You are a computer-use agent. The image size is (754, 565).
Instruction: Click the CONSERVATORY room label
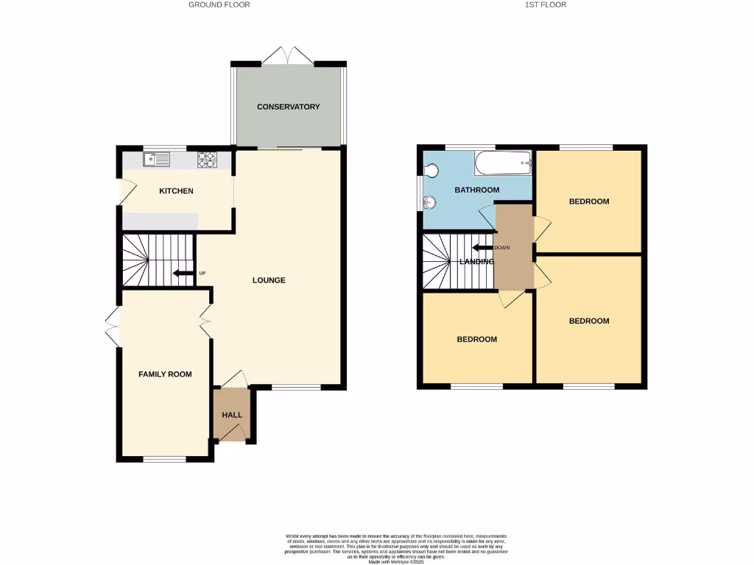pos(288,107)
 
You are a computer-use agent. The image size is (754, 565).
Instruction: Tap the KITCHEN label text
pos(177,191)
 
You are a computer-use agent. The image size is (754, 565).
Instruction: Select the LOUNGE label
pos(269,280)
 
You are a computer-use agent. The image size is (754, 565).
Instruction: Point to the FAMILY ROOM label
pos(165,374)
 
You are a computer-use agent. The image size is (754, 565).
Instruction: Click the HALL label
pos(232,415)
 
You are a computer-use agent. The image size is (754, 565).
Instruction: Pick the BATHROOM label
pos(476,190)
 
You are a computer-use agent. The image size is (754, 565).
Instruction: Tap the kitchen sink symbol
pos(157,157)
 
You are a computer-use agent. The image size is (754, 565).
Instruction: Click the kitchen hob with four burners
pos(205,157)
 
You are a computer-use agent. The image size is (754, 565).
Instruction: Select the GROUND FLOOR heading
pos(219,4)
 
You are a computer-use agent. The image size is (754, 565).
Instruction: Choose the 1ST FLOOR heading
pos(546,4)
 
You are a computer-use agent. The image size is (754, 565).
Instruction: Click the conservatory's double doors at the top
pos(288,55)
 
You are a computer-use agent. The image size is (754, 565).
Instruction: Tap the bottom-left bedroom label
pos(476,339)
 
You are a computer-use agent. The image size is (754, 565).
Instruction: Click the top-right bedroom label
pos(589,201)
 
